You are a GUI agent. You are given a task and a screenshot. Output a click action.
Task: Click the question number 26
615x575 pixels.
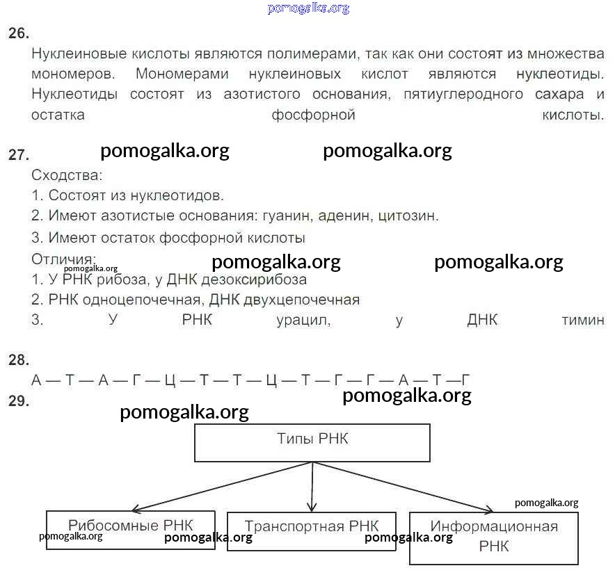[x=18, y=33]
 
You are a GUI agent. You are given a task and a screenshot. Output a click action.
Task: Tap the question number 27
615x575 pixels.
[x=18, y=154]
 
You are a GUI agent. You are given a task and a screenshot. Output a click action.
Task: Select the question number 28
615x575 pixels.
[x=18, y=359]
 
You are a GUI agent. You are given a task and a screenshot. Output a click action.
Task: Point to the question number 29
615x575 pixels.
[x=18, y=400]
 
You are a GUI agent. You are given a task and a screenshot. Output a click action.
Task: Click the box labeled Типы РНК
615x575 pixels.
[x=312, y=442]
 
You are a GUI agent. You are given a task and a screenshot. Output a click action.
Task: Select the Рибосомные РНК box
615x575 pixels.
[x=131, y=530]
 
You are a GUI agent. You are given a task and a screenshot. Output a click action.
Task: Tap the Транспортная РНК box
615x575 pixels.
[x=312, y=532]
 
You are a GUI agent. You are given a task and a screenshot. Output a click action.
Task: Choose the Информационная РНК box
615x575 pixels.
[x=494, y=538]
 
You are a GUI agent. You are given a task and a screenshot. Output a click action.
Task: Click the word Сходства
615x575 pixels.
[x=67, y=175]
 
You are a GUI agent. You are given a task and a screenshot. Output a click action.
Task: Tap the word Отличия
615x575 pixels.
[x=63, y=259]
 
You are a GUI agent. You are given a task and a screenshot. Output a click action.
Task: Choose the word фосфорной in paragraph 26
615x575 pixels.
[x=313, y=115]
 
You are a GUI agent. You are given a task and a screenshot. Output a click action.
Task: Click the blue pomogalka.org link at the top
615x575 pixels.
[x=308, y=8]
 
